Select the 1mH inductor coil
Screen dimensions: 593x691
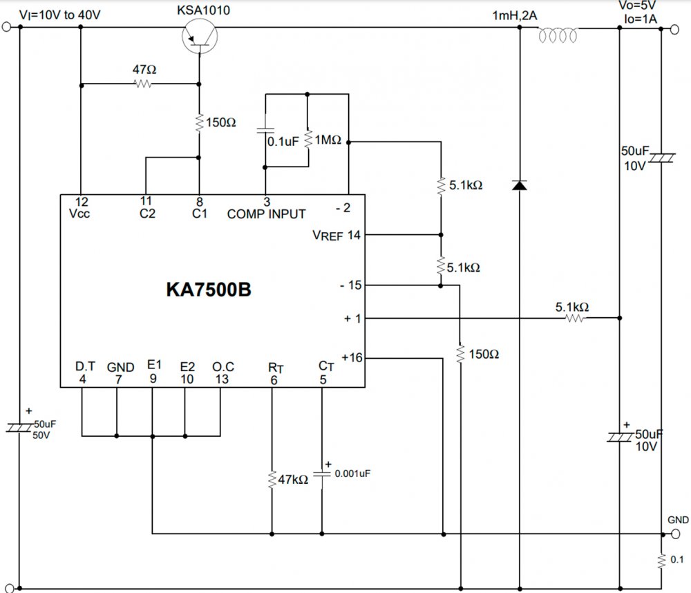coord(558,34)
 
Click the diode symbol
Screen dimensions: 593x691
coord(520,185)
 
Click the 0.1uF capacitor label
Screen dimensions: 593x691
coord(283,141)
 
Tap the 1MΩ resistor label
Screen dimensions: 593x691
coord(329,140)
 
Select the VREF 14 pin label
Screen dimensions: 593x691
coord(337,235)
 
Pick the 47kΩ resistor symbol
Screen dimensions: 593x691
coord(272,479)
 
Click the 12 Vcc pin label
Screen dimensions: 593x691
coord(80,207)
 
